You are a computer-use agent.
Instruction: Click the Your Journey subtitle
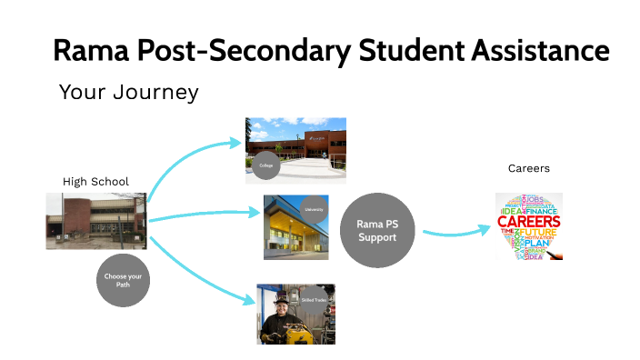click(128, 93)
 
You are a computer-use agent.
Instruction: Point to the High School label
click(95, 182)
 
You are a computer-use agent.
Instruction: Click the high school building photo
click(95, 220)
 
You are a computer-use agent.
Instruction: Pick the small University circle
click(314, 209)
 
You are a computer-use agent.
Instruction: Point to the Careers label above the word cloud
click(529, 169)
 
